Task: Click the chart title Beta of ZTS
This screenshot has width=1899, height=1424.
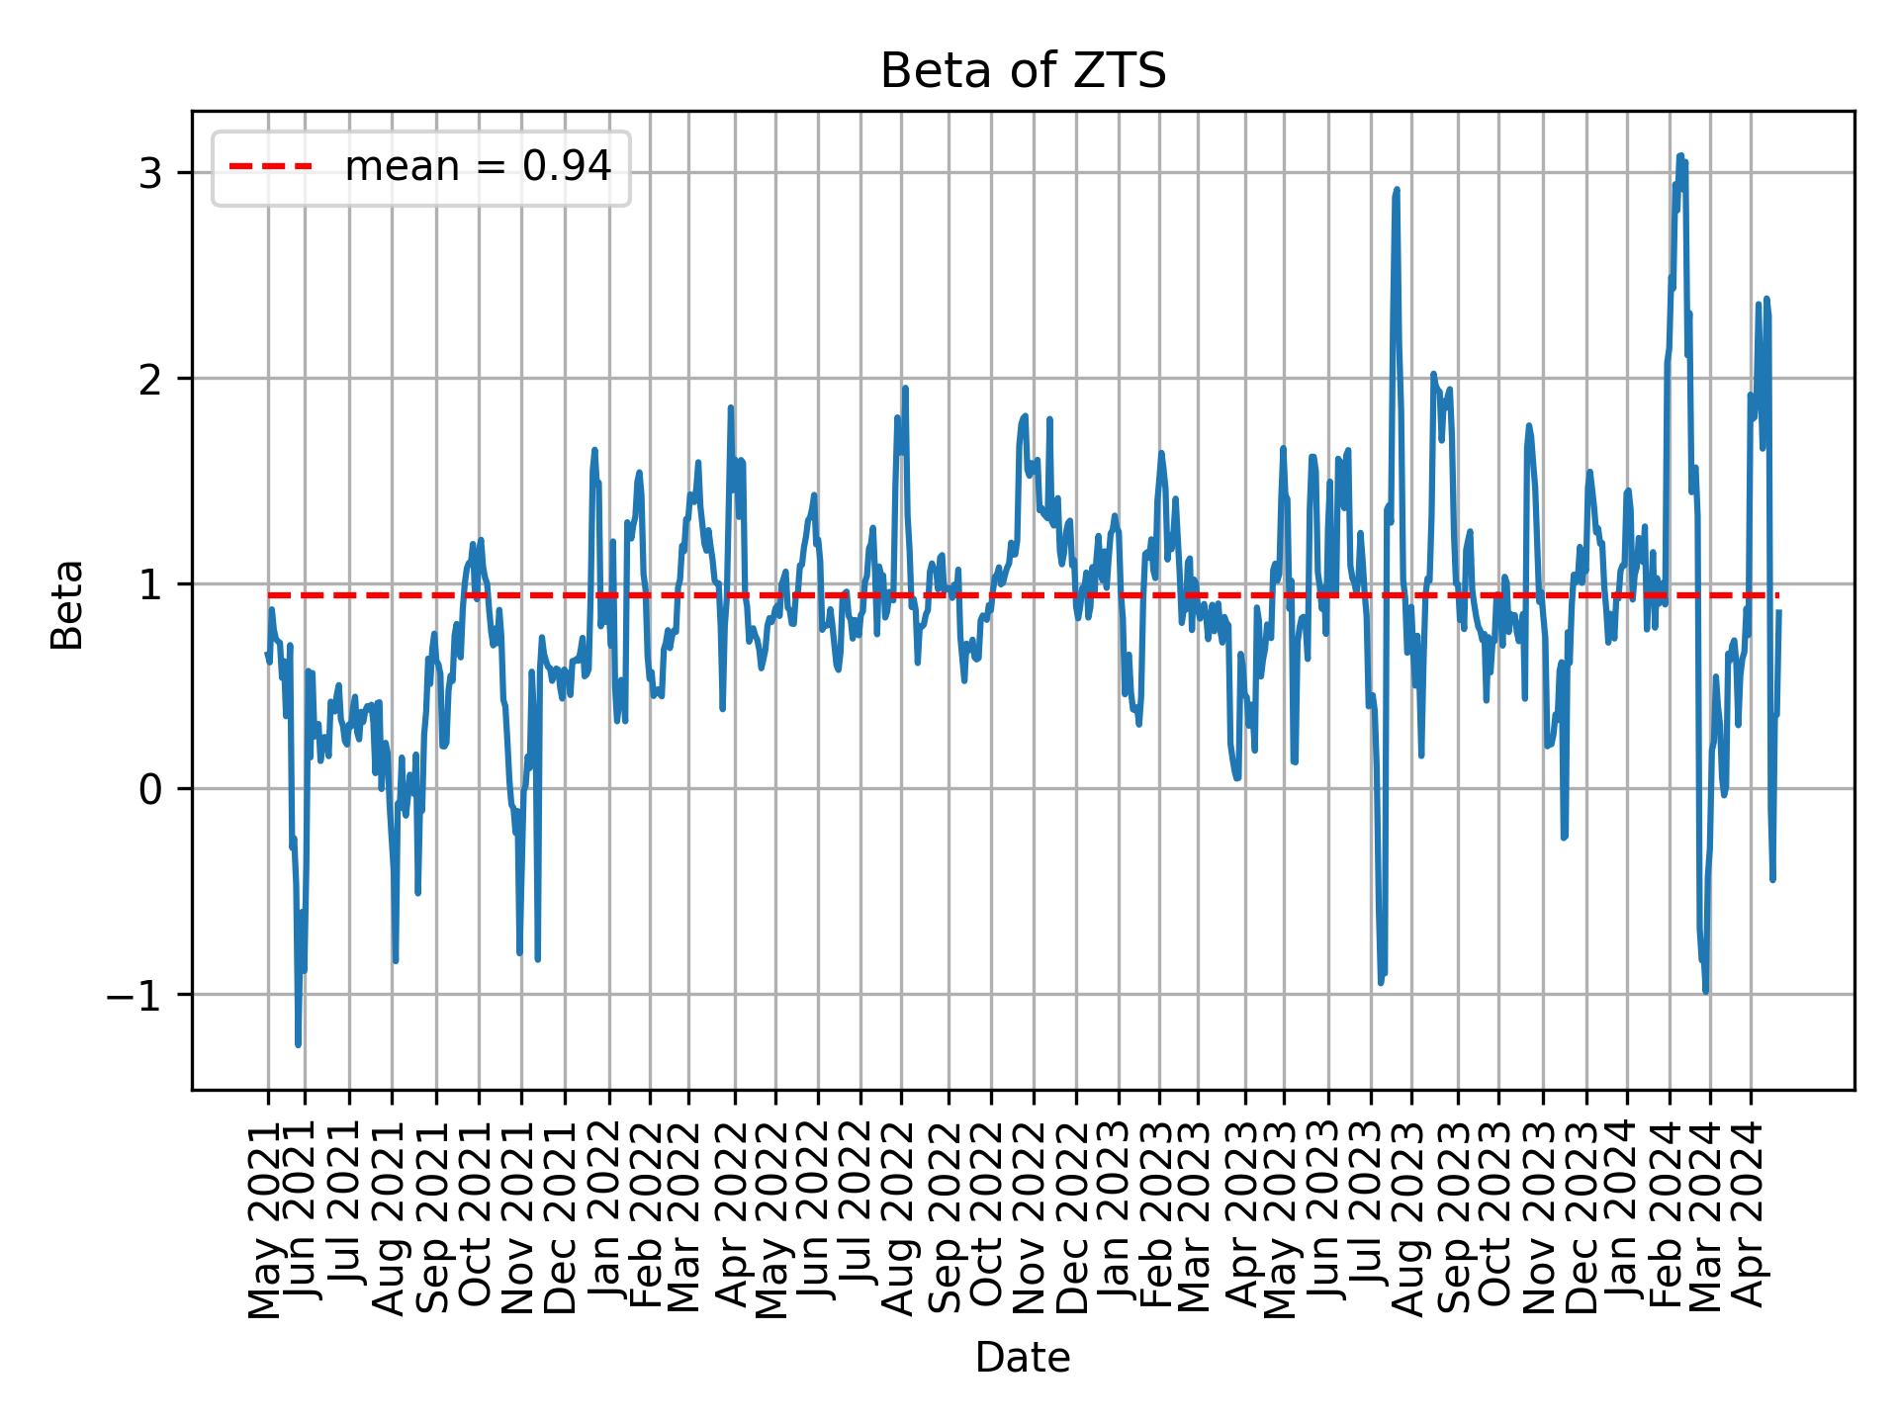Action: click(1023, 72)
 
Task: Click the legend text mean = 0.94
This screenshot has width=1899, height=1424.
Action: click(478, 168)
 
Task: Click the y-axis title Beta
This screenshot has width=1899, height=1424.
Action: click(67, 604)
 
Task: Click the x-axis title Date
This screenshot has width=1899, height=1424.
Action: click(1023, 1359)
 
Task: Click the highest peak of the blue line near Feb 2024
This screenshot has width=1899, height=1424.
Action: click(1679, 156)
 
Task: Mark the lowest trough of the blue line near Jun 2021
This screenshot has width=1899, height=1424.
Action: click(298, 1043)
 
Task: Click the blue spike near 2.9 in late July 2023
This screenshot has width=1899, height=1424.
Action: click(1397, 189)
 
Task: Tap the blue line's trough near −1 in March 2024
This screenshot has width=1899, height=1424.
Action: click(1705, 990)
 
